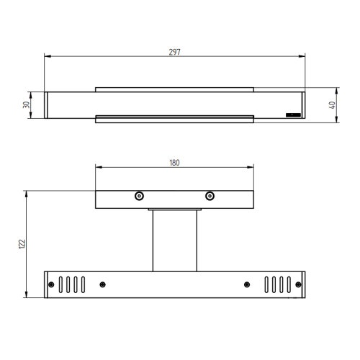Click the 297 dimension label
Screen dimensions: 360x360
pos(174,52)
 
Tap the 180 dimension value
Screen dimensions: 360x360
pos(174,163)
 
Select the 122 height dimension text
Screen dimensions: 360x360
pos(22,244)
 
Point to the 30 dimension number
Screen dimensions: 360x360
pos(26,104)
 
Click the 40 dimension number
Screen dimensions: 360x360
pos(332,105)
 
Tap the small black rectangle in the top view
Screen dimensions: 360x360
pos(293,115)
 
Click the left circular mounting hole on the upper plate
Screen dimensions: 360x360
pos(139,196)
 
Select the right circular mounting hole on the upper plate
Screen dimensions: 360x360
pos(210,196)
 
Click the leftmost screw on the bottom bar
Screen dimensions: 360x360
pos(51,284)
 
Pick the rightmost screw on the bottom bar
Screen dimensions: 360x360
pos(298,284)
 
